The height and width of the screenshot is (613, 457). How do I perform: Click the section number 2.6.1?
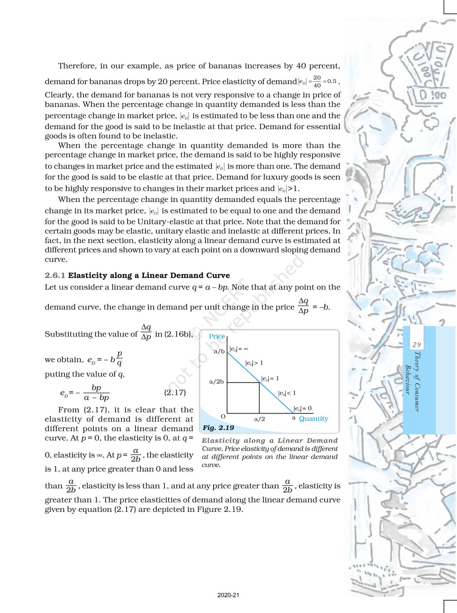(55, 275)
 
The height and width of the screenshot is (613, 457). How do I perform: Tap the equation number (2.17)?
(175, 392)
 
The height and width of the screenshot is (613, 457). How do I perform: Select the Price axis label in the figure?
(217, 336)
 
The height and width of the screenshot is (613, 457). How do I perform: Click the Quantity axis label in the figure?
(314, 419)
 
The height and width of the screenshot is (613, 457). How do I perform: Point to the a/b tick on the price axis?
(219, 352)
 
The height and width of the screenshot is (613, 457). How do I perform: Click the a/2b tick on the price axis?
(216, 382)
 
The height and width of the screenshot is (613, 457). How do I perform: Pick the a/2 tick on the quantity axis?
(260, 419)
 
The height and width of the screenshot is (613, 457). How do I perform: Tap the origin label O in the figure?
(223, 416)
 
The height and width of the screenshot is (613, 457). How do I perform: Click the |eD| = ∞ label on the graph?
(239, 349)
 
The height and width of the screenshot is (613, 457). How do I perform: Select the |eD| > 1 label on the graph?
(254, 363)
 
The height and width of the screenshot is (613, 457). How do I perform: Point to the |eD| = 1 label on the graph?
(270, 378)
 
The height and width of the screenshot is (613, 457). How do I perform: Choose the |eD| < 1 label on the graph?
(287, 393)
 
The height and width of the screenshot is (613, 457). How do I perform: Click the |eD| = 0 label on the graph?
(303, 408)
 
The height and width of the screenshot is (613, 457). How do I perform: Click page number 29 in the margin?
(416, 345)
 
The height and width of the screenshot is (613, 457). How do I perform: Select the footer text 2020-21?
(228, 595)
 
